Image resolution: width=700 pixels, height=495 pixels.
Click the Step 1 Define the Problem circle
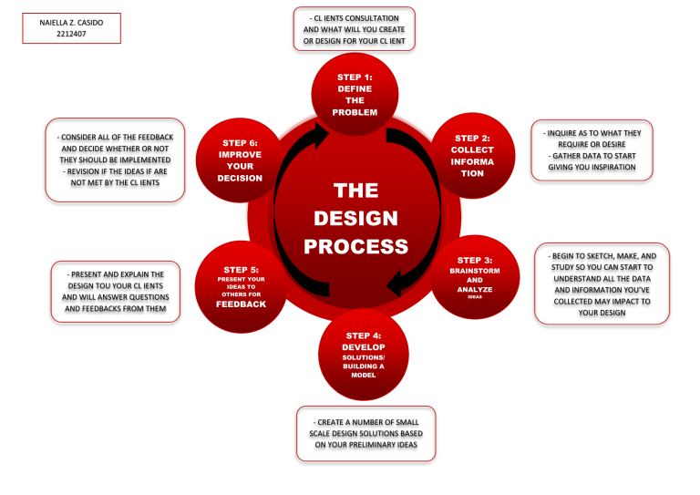pyautogui.click(x=355, y=95)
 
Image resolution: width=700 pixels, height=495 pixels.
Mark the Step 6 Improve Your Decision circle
pyautogui.click(x=241, y=160)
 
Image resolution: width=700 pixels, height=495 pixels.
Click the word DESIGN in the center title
pyautogui.click(x=355, y=219)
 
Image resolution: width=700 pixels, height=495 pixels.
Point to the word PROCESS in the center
pyautogui.click(x=355, y=247)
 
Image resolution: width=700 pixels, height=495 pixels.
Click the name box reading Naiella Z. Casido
pyautogui.click(x=72, y=28)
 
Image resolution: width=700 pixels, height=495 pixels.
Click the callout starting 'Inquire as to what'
pyautogui.click(x=592, y=150)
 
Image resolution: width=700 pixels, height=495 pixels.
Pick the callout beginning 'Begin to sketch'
pyautogui.click(x=602, y=284)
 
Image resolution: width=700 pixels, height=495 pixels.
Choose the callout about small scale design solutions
pyautogui.click(x=365, y=433)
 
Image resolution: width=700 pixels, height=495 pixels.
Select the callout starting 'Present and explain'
pyautogui.click(x=116, y=291)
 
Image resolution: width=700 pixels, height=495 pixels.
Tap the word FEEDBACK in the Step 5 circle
pyautogui.click(x=241, y=304)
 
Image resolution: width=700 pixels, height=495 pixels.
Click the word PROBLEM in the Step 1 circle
pyautogui.click(x=355, y=112)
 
